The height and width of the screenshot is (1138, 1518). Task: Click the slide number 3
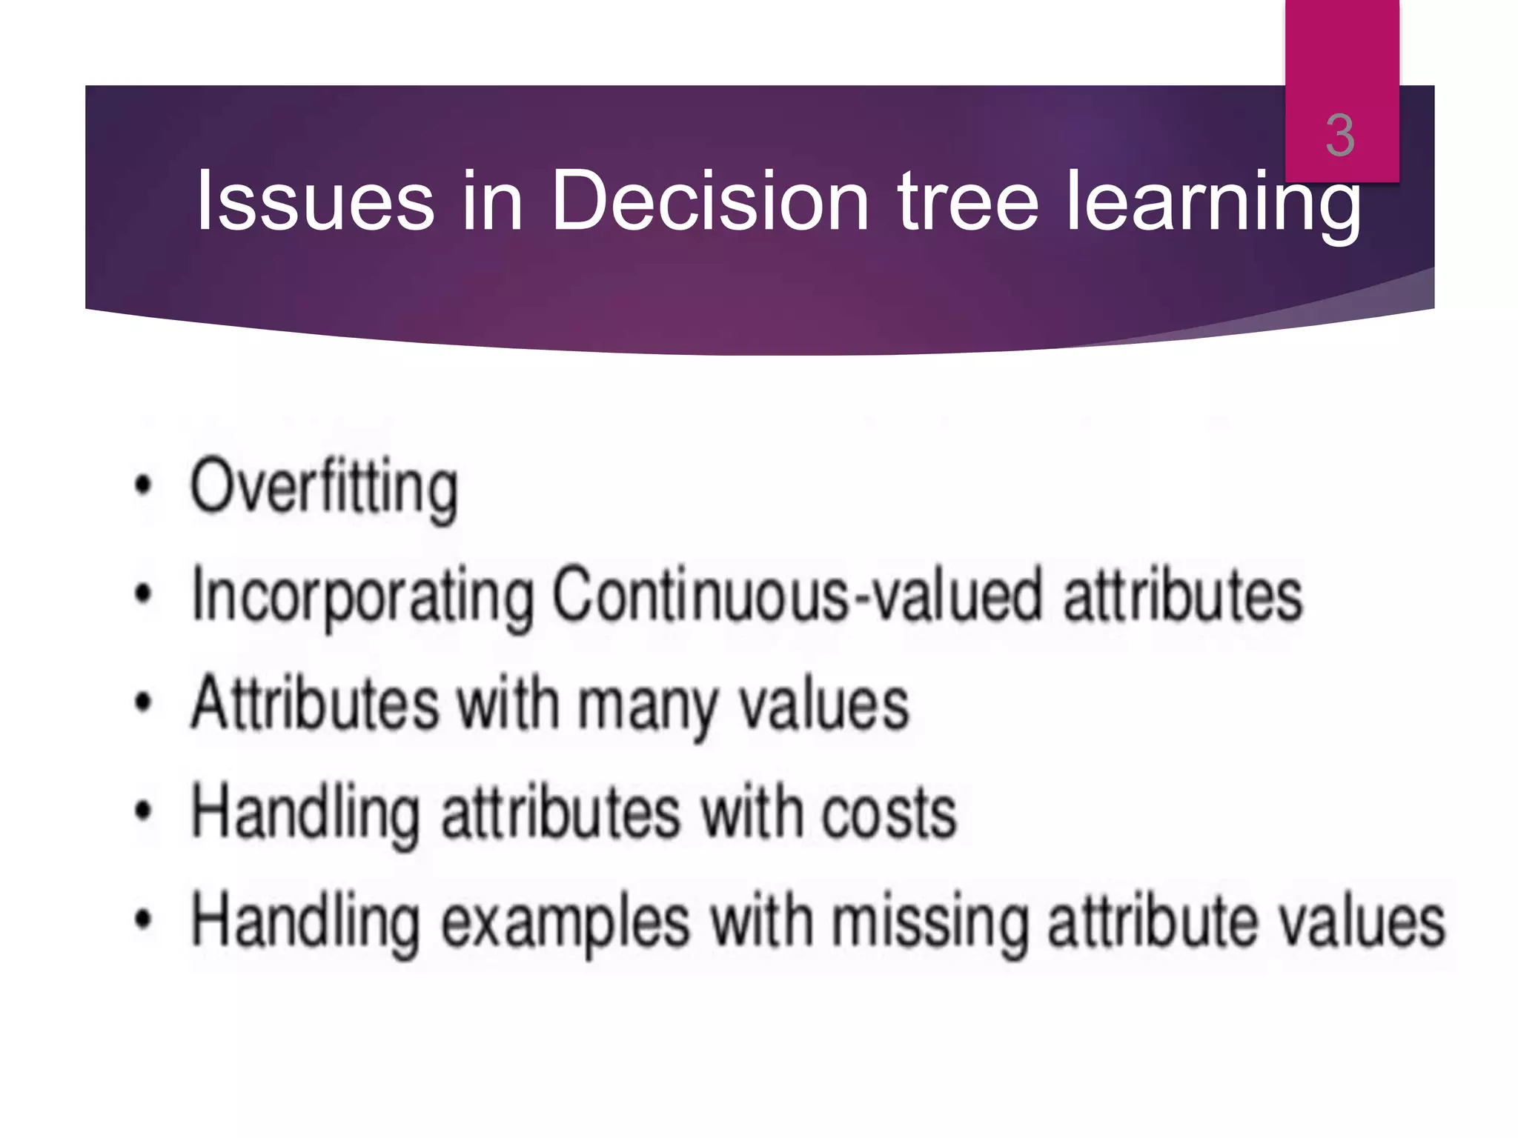(1340, 136)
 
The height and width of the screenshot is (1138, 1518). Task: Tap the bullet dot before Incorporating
(143, 593)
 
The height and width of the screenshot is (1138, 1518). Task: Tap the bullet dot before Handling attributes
(143, 811)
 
